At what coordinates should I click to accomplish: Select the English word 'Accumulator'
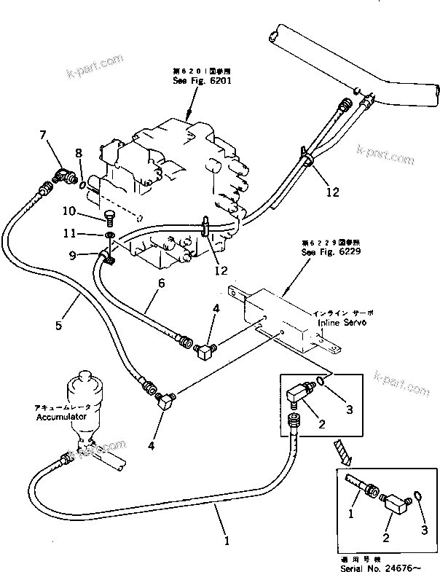pyautogui.click(x=62, y=417)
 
